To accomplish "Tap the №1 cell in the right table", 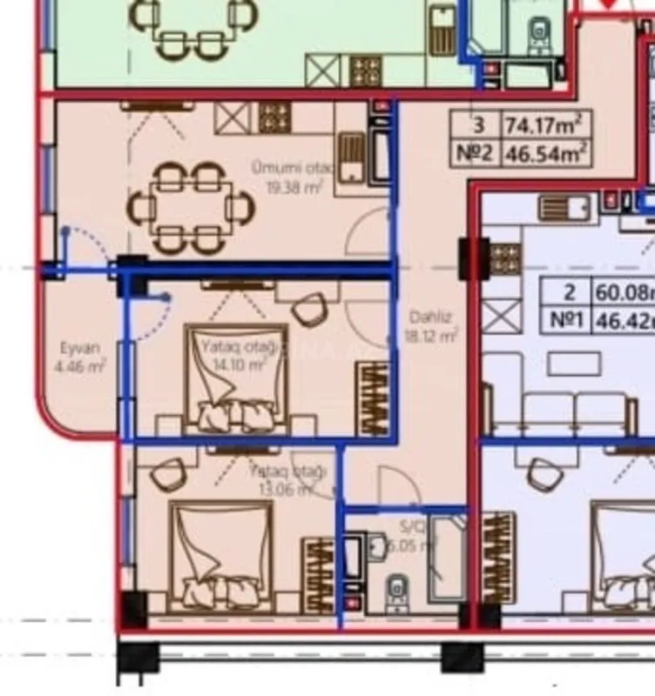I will pos(565,319).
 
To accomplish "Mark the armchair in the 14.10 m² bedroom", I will pos(308,310).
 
